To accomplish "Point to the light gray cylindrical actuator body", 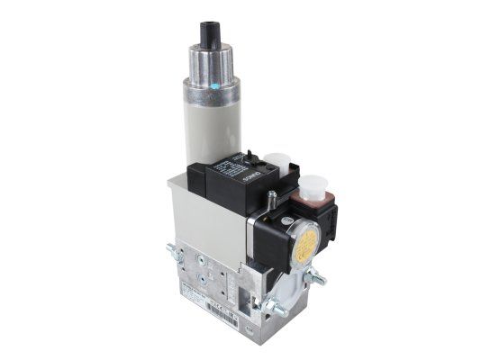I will tap(213, 126).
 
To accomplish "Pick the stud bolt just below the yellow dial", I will tap(314, 278).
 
